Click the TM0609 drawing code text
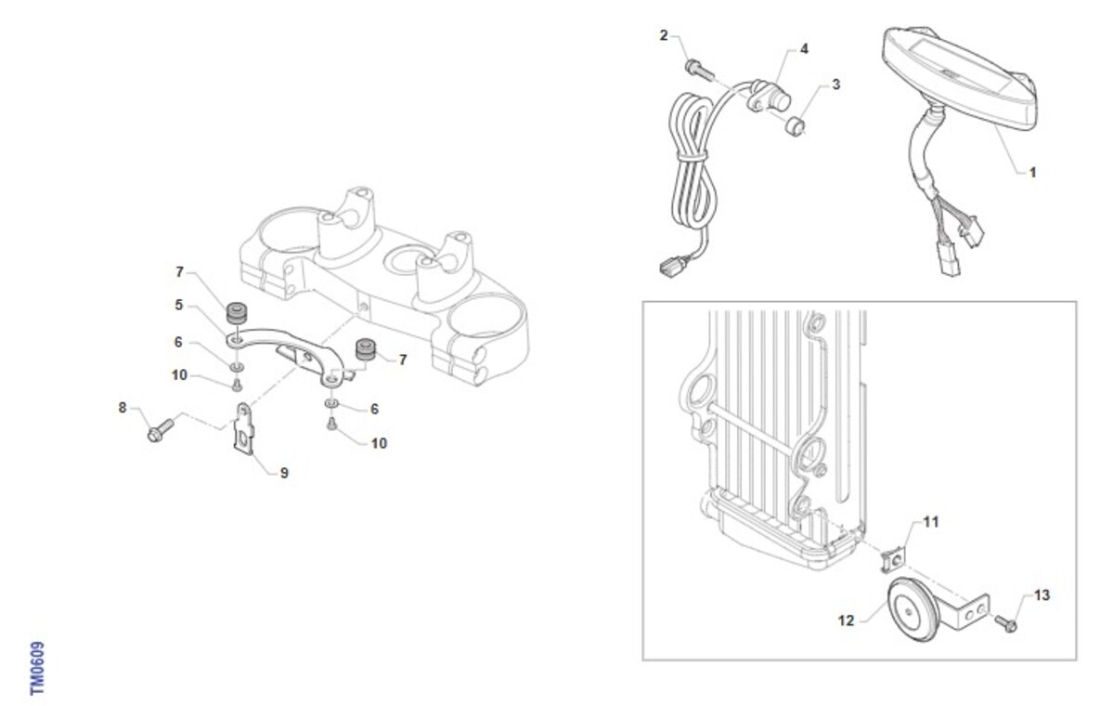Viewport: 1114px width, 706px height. [37, 668]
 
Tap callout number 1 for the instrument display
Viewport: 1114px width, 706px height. [1032, 173]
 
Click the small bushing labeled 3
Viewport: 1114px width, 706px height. [795, 126]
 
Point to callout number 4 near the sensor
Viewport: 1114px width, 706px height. [804, 48]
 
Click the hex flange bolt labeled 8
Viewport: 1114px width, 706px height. [161, 430]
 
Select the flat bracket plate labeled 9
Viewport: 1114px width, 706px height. [243, 428]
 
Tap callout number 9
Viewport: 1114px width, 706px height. [284, 473]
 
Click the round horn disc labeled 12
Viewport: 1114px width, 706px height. [913, 609]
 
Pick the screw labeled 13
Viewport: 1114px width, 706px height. [1005, 623]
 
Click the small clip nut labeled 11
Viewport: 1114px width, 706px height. [893, 560]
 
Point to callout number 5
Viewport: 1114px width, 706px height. [178, 305]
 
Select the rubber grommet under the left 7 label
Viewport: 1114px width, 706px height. [237, 312]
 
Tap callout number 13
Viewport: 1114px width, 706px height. [1042, 595]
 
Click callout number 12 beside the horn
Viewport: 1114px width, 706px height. [846, 621]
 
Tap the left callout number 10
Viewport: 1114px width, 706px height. [179, 374]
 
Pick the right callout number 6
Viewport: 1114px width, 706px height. [374, 409]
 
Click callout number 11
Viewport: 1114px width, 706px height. [930, 522]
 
